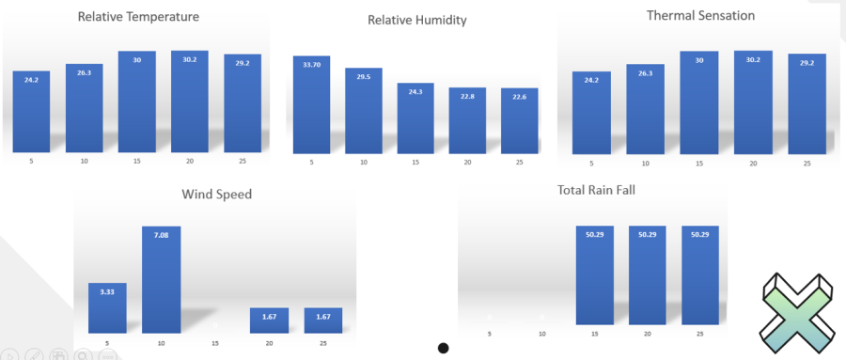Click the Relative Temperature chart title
click(x=138, y=17)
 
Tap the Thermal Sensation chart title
click(x=700, y=16)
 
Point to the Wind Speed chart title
click(x=216, y=195)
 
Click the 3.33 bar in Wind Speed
click(x=107, y=307)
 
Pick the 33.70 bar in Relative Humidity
click(x=311, y=104)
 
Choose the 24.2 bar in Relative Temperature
click(x=31, y=110)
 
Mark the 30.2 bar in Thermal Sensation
click(x=753, y=102)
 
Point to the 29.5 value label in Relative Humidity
click(x=364, y=79)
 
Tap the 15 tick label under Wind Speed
click(x=215, y=343)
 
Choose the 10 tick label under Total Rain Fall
click(x=541, y=334)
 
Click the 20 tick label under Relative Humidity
click(x=468, y=162)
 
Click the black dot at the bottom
click(x=443, y=348)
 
